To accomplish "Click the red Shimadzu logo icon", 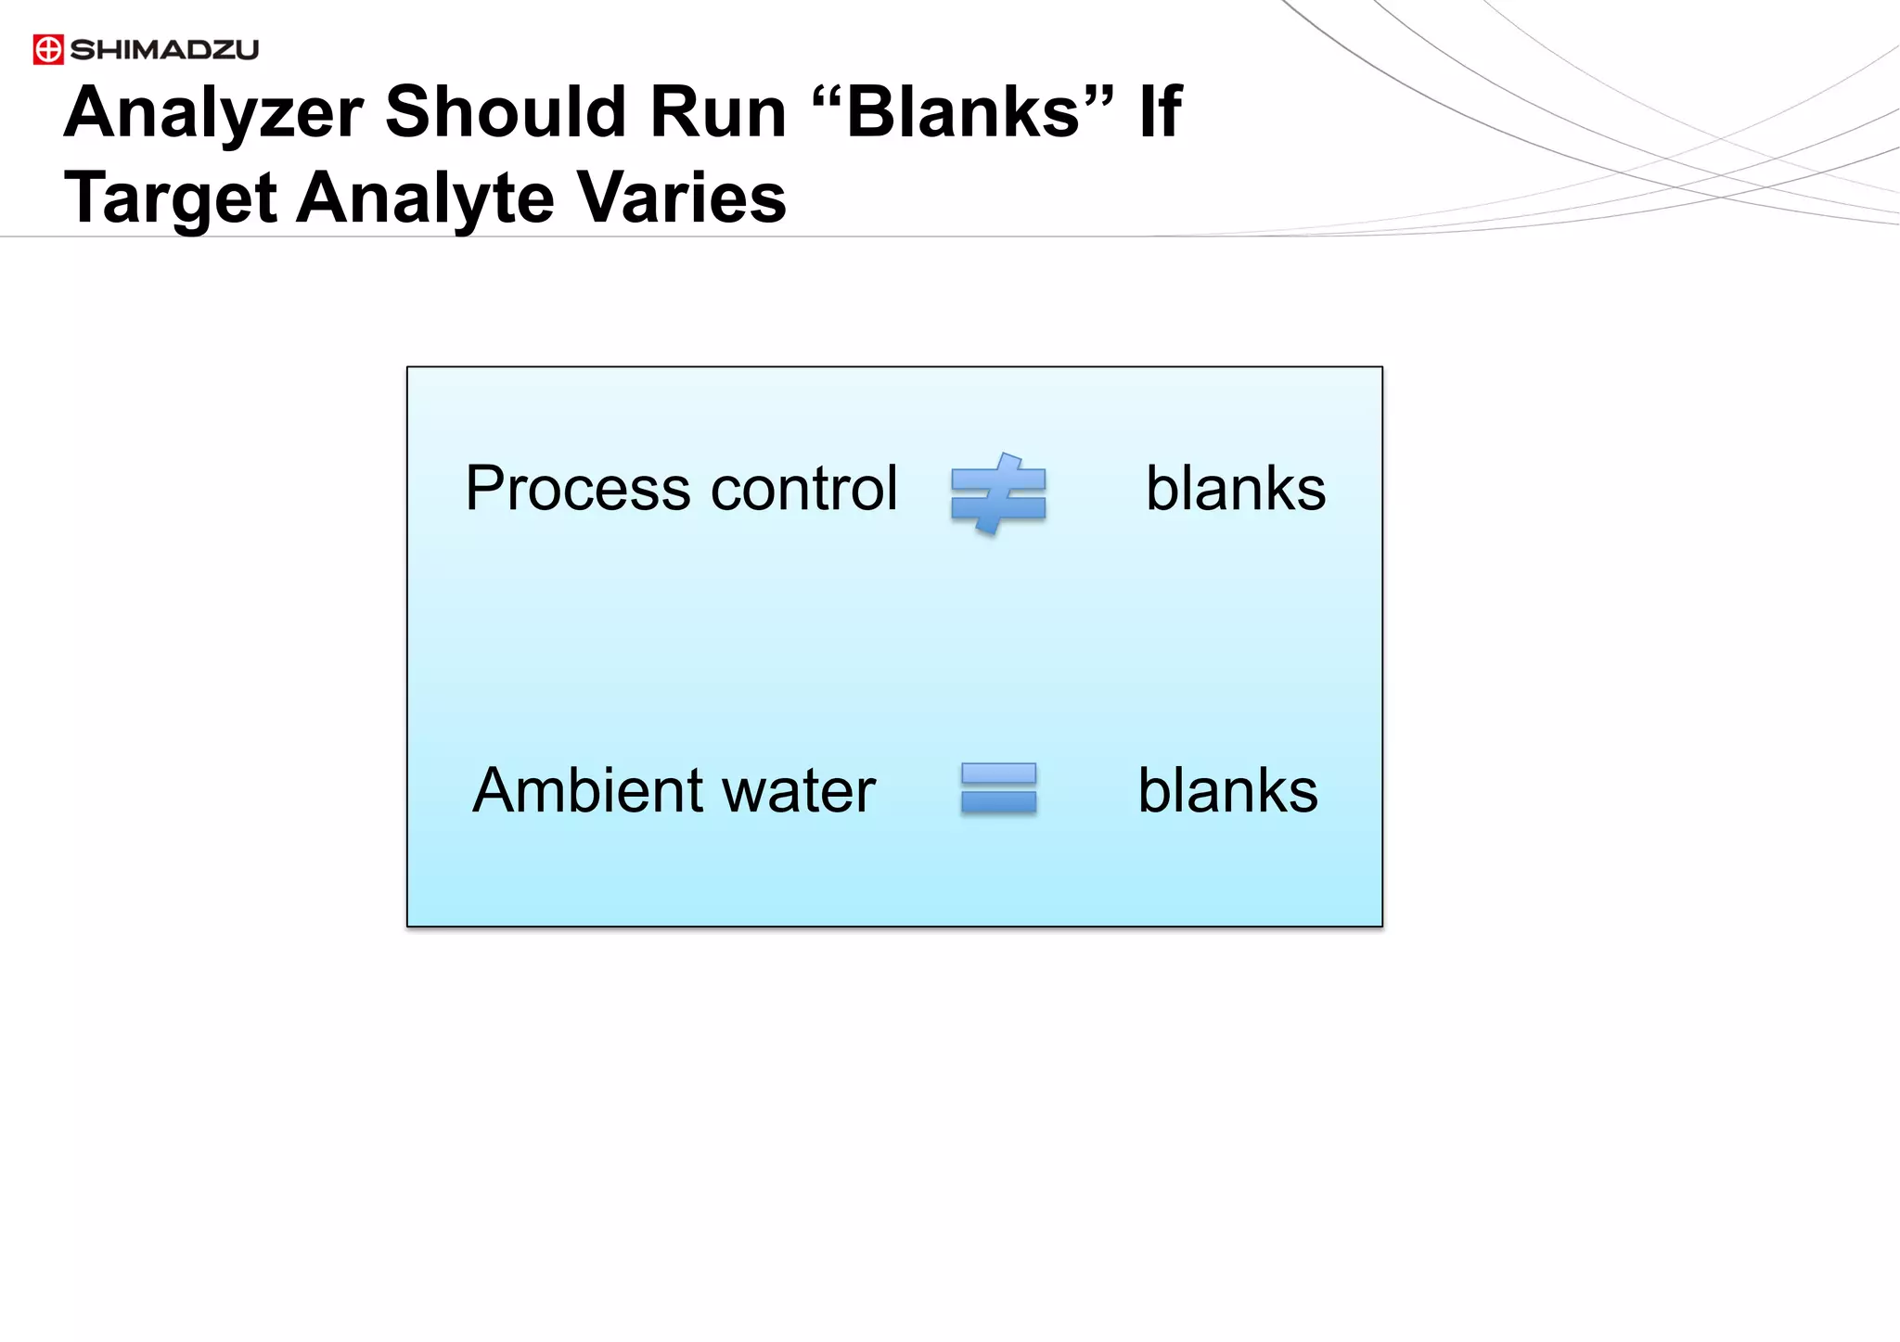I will [48, 49].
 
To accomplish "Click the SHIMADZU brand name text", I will [164, 50].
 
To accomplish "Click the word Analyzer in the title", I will [213, 113].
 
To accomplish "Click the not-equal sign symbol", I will [998, 493].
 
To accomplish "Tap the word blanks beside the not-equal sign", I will [1236, 489].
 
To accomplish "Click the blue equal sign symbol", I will [998, 788].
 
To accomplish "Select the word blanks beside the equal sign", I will [1227, 790].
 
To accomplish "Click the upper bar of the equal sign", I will [998, 773].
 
